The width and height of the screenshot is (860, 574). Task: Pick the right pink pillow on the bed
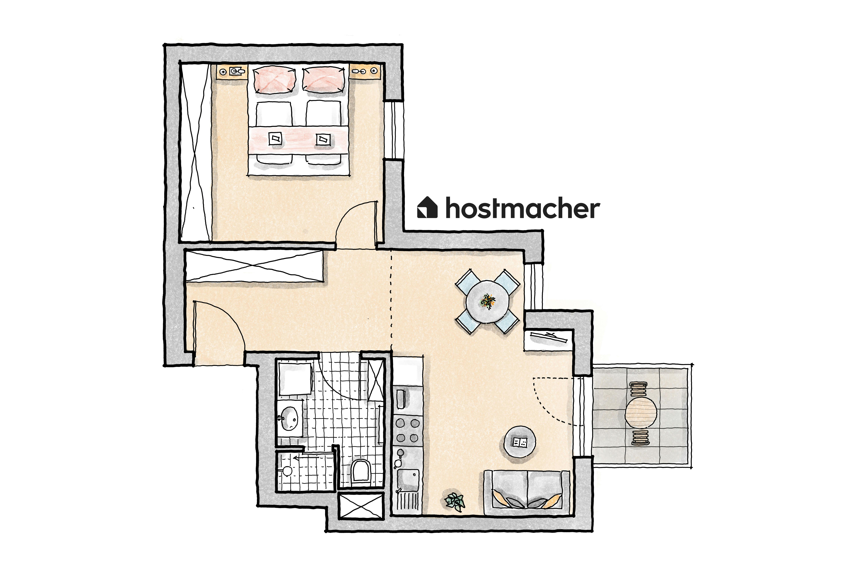[324, 79]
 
